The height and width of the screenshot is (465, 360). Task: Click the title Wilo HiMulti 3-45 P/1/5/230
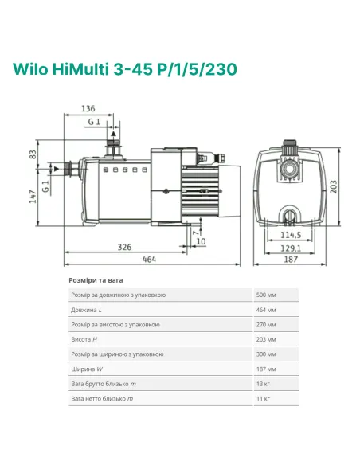[124, 69]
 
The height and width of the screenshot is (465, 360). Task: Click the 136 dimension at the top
[88, 109]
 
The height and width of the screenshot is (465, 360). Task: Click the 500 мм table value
[267, 295]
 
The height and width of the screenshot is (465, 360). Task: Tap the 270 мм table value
[267, 325]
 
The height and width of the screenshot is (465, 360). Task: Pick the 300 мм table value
[267, 355]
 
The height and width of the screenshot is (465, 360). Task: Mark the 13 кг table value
[264, 385]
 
